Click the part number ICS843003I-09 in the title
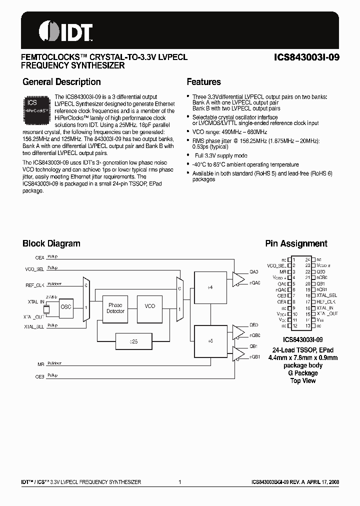(307, 57)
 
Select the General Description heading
(61, 82)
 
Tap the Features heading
(203, 82)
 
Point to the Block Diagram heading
(51, 243)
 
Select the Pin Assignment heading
(296, 243)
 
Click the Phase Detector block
(115, 308)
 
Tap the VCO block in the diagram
(150, 306)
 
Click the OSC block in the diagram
(66, 307)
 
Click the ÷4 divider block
(210, 287)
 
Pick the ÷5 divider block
(210, 340)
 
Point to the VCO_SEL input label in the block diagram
(34, 269)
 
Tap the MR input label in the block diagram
(41, 364)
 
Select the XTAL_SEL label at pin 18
(326, 295)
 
